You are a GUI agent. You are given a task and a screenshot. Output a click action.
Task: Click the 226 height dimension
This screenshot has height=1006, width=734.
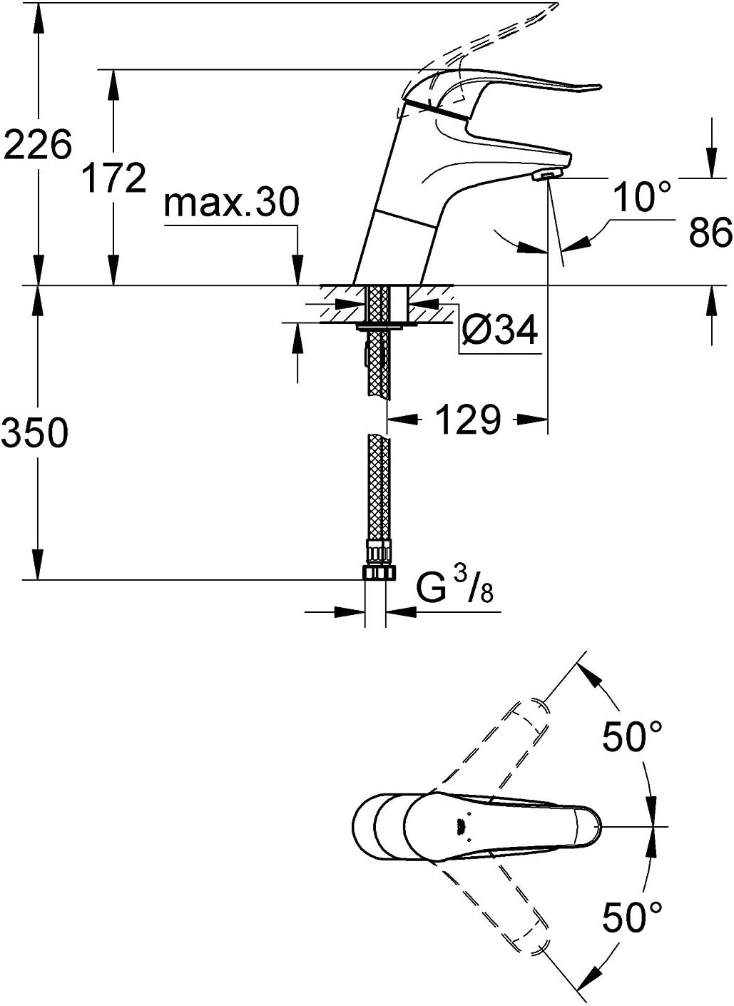(37, 145)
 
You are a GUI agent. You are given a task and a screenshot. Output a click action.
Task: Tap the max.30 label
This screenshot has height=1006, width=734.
(230, 203)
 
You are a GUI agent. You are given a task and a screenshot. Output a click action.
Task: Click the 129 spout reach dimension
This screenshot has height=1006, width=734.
(467, 420)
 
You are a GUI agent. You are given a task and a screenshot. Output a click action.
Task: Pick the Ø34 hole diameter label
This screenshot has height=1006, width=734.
(499, 330)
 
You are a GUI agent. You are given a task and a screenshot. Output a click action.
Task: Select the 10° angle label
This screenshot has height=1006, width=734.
(642, 197)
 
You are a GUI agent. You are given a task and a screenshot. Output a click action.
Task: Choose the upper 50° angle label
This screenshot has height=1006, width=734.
(633, 736)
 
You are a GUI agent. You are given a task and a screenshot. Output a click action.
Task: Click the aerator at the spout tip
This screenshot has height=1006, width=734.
(546, 176)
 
